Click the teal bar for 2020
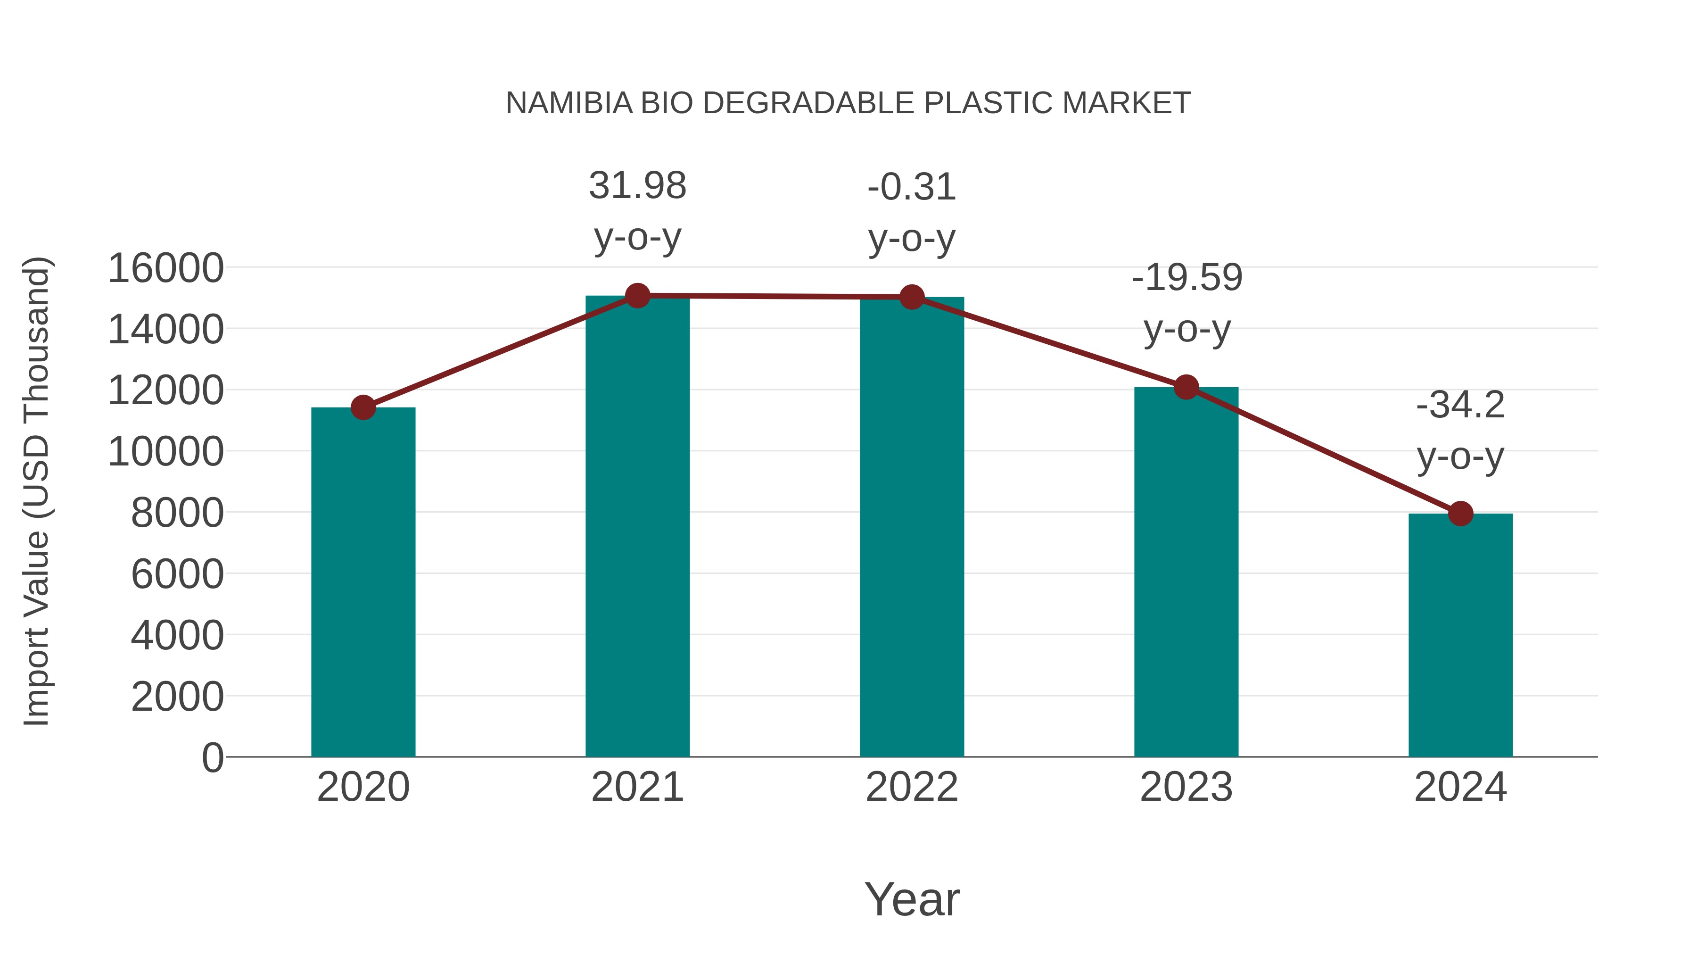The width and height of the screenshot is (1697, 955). (x=363, y=583)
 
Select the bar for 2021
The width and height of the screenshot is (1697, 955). (x=637, y=527)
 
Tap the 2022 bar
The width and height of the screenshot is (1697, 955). (x=912, y=527)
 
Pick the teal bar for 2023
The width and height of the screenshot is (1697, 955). (x=1186, y=573)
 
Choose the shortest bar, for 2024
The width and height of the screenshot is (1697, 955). (x=1460, y=636)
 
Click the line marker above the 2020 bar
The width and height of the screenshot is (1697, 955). (x=363, y=408)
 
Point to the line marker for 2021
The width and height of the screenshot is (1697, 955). (x=637, y=296)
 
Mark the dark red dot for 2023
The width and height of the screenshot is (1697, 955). (x=1186, y=388)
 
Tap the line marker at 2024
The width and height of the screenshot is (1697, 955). (x=1460, y=514)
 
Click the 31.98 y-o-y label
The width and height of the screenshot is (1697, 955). (x=637, y=211)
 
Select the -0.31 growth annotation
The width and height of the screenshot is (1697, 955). (x=912, y=212)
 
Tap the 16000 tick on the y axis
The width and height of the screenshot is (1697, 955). (x=165, y=268)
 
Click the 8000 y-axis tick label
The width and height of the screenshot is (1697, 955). (x=177, y=513)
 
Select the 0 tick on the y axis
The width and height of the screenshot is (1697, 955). (x=212, y=757)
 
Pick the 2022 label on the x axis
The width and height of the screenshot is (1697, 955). (x=912, y=787)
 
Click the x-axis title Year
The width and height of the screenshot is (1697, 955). (x=912, y=899)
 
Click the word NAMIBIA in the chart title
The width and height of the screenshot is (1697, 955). (x=568, y=103)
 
